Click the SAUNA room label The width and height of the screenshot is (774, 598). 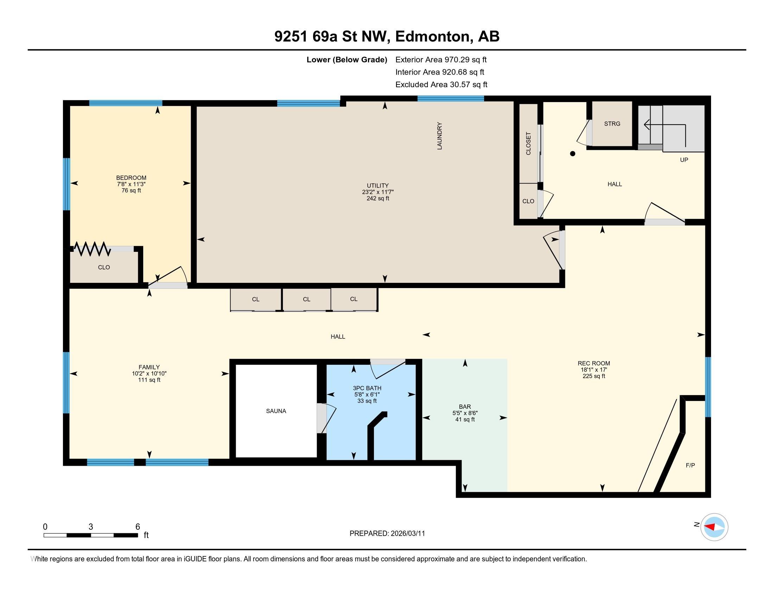click(276, 411)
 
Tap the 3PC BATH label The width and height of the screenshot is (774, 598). click(367, 388)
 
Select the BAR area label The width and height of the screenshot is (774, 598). click(465, 407)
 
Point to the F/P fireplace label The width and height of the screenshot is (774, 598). click(690, 465)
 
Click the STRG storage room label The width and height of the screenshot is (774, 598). click(612, 123)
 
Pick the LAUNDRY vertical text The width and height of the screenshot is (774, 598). click(439, 136)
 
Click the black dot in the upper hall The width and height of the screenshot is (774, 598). click(572, 154)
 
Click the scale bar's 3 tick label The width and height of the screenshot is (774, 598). click(91, 527)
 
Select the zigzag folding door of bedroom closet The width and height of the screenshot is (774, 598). click(92, 249)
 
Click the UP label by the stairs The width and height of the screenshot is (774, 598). click(684, 160)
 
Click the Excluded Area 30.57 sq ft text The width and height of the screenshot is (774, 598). click(441, 85)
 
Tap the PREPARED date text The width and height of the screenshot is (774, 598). click(387, 534)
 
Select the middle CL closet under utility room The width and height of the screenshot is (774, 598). click(306, 299)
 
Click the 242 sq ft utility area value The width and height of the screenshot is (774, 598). click(378, 198)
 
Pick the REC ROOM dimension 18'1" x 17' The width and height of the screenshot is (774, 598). click(594, 369)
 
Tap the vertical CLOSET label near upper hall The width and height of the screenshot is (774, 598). click(528, 144)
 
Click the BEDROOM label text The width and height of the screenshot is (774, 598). click(131, 178)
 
